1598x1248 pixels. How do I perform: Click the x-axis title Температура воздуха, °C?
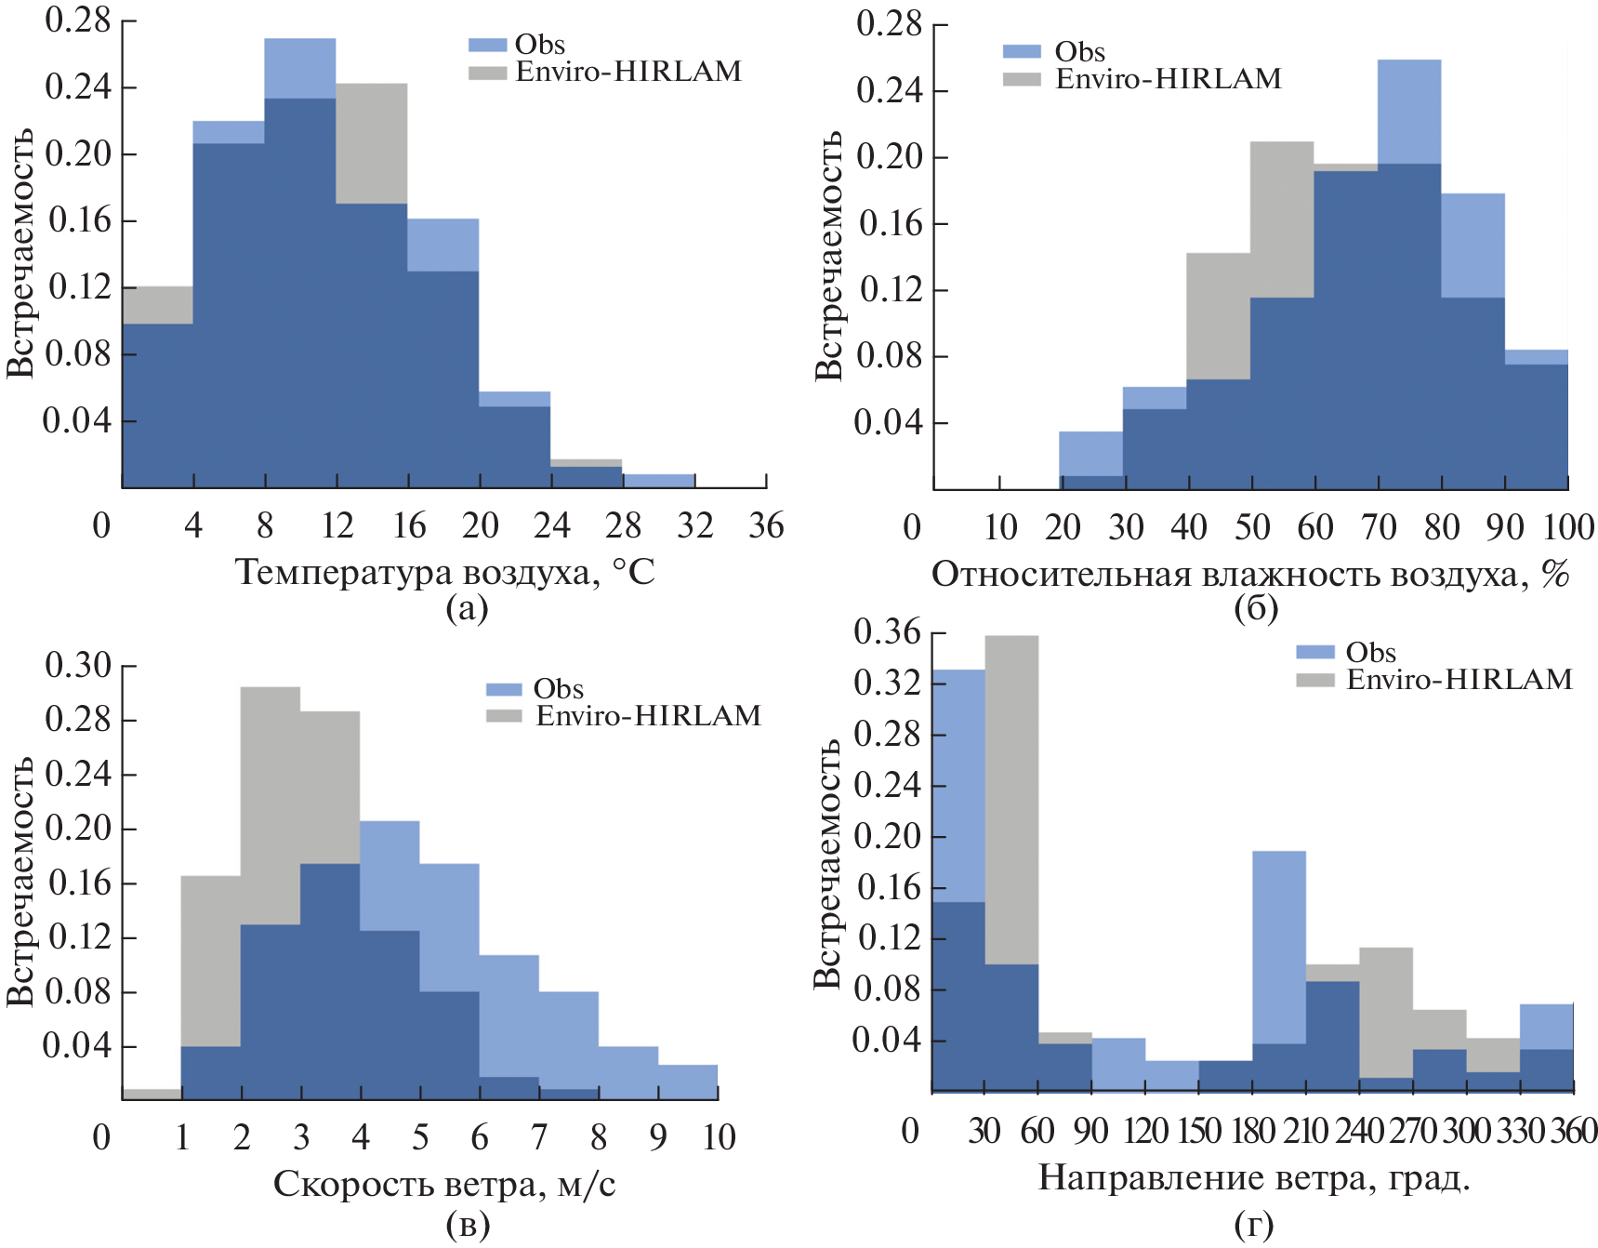tap(444, 572)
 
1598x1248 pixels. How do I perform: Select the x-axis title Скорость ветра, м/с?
tap(444, 1184)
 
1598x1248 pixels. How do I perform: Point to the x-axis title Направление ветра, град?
tap(1254, 1177)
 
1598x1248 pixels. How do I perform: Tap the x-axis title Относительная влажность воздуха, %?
tap(1250, 575)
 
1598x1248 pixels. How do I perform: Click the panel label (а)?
tap(467, 608)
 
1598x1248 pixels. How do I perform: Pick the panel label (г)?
tap(1254, 1224)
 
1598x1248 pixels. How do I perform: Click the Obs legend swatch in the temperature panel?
tap(487, 45)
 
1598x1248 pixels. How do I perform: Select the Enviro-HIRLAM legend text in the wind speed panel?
tap(649, 716)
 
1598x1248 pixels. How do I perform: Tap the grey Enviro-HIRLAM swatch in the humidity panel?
tap(1022, 79)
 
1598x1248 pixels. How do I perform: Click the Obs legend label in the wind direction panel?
tap(1370, 653)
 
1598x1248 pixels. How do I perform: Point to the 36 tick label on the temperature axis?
tap(766, 526)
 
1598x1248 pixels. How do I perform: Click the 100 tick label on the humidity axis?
tap(1568, 528)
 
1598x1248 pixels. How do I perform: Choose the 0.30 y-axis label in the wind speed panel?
tap(78, 666)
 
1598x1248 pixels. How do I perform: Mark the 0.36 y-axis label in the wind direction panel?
tap(887, 633)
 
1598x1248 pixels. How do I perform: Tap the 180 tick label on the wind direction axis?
tap(1252, 1131)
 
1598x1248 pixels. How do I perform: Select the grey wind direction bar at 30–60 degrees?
tap(1011, 800)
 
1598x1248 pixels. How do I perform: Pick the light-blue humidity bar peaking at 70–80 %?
tap(1409, 112)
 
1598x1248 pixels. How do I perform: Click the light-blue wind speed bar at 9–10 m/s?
tap(688, 1082)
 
